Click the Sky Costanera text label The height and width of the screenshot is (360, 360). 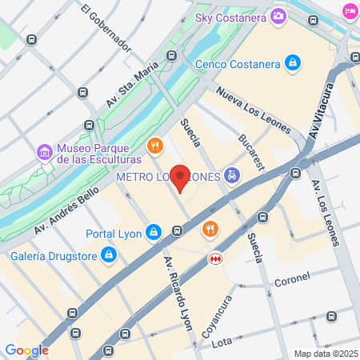pyautogui.click(x=232, y=15)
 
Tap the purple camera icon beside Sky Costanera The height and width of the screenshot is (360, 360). pyautogui.click(x=278, y=15)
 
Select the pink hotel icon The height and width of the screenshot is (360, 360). pyautogui.click(x=350, y=10)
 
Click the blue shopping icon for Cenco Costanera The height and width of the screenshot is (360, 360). pyautogui.click(x=294, y=62)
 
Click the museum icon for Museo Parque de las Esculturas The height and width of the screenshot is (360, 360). pyautogui.click(x=45, y=151)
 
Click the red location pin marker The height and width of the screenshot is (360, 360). pyautogui.click(x=182, y=178)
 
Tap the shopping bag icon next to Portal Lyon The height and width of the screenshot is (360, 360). pyautogui.click(x=154, y=234)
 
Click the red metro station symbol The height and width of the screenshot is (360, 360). pyautogui.click(x=214, y=259)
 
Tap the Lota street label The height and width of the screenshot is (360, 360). pyautogui.click(x=222, y=342)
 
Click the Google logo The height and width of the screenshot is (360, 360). pyautogui.click(x=26, y=350)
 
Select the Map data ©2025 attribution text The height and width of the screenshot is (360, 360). pyautogui.click(x=324, y=354)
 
